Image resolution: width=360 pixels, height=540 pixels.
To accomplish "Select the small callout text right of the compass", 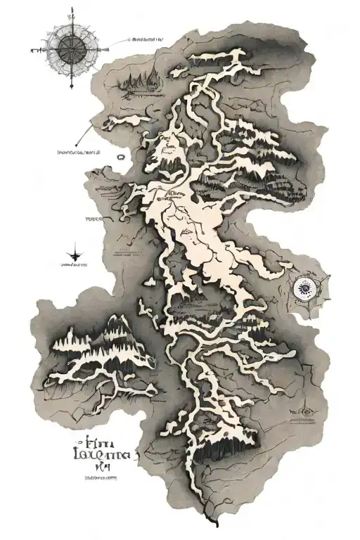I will [147, 40].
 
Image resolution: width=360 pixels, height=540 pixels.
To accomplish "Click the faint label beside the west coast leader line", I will [78, 151].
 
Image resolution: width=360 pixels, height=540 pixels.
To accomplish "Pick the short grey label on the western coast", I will [94, 219].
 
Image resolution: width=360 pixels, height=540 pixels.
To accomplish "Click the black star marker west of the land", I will [75, 253].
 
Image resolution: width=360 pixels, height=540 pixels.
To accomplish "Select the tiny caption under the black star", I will [75, 266].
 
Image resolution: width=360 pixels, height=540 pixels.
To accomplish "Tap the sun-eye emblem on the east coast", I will [305, 287].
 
